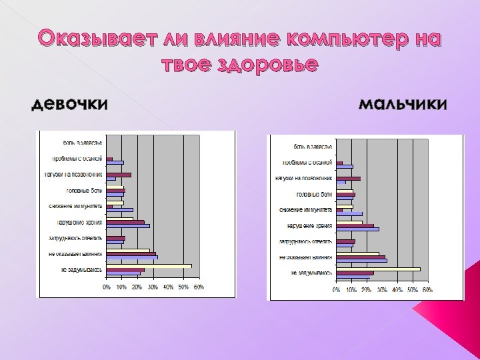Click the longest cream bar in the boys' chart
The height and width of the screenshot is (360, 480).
click(379, 269)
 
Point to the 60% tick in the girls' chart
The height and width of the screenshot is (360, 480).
click(199, 287)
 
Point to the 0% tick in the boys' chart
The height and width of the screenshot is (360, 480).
click(337, 290)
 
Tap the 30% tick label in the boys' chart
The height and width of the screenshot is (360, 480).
click(382, 290)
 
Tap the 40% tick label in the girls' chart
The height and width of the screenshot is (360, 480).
click(168, 287)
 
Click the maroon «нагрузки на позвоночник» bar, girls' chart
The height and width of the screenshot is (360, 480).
click(119, 175)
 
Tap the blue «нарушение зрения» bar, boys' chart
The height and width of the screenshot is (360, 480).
click(357, 229)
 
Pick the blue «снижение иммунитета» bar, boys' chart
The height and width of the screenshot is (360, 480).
click(349, 214)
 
